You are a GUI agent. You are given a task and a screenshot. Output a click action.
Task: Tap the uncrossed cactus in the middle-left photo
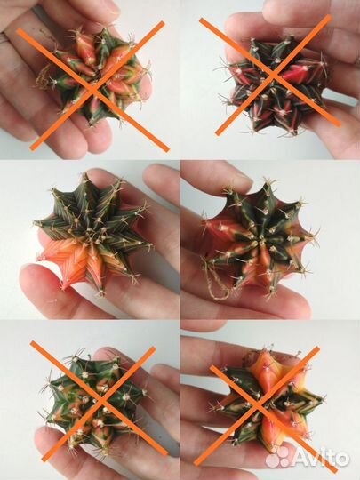pyautogui.click(x=92, y=234)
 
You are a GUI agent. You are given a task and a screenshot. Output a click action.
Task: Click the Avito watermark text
pyautogui.click(x=322, y=459)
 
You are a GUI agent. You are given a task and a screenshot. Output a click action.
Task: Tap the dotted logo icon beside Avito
pyautogui.click(x=277, y=458)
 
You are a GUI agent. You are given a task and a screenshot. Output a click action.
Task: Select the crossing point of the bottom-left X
pyautogui.click(x=101, y=399)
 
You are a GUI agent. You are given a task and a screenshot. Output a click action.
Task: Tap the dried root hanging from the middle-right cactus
pyautogui.click(x=216, y=284)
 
